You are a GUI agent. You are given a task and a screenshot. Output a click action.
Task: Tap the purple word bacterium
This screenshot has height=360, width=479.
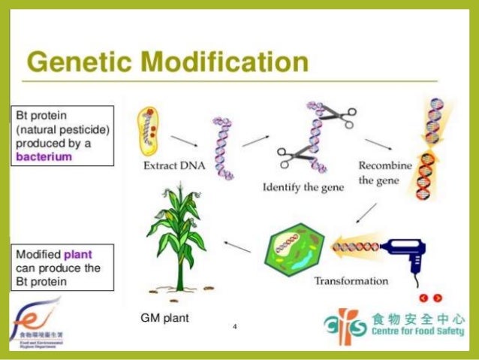44,156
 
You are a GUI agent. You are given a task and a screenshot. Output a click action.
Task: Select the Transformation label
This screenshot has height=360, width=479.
351,281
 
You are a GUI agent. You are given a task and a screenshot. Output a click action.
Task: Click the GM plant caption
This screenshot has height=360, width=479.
164,318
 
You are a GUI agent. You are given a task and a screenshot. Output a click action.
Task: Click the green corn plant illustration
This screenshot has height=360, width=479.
177,241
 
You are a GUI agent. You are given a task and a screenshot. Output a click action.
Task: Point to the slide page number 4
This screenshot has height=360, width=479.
235,327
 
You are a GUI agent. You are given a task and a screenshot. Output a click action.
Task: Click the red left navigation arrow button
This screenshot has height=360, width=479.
424,298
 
